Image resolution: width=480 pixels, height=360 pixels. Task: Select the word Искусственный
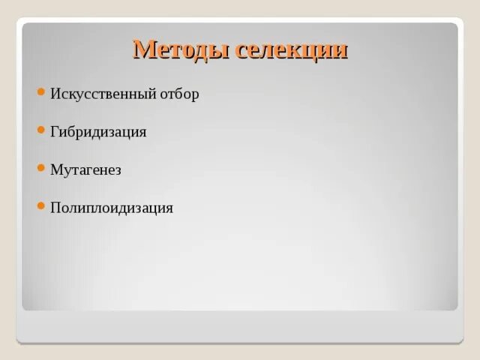pyautogui.click(x=103, y=94)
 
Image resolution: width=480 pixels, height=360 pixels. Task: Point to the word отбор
pyautogui.click(x=181, y=94)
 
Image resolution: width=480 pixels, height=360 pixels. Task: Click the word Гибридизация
pyautogui.click(x=98, y=132)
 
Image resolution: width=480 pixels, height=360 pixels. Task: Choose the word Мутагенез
pyautogui.click(x=85, y=169)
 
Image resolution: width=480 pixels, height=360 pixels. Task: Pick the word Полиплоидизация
pyautogui.click(x=112, y=208)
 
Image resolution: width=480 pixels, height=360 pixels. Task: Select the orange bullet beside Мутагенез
pyautogui.click(x=41, y=167)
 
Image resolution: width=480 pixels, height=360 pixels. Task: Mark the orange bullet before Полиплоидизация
pyautogui.click(x=41, y=205)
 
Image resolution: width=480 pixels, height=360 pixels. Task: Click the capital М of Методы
pyautogui.click(x=143, y=49)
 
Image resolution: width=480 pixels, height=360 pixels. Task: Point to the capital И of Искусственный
pyautogui.click(x=55, y=94)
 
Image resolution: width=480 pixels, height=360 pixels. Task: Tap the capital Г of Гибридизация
pyautogui.click(x=54, y=132)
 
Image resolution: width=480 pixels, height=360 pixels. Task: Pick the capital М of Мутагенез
pyautogui.click(x=55, y=169)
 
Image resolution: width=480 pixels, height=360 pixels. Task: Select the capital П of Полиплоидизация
pyautogui.click(x=55, y=208)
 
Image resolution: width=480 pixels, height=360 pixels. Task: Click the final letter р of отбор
pyautogui.click(x=196, y=96)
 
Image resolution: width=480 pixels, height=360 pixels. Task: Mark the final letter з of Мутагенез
pyautogui.click(x=118, y=171)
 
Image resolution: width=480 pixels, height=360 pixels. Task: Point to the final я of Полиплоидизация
pyautogui.click(x=169, y=208)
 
